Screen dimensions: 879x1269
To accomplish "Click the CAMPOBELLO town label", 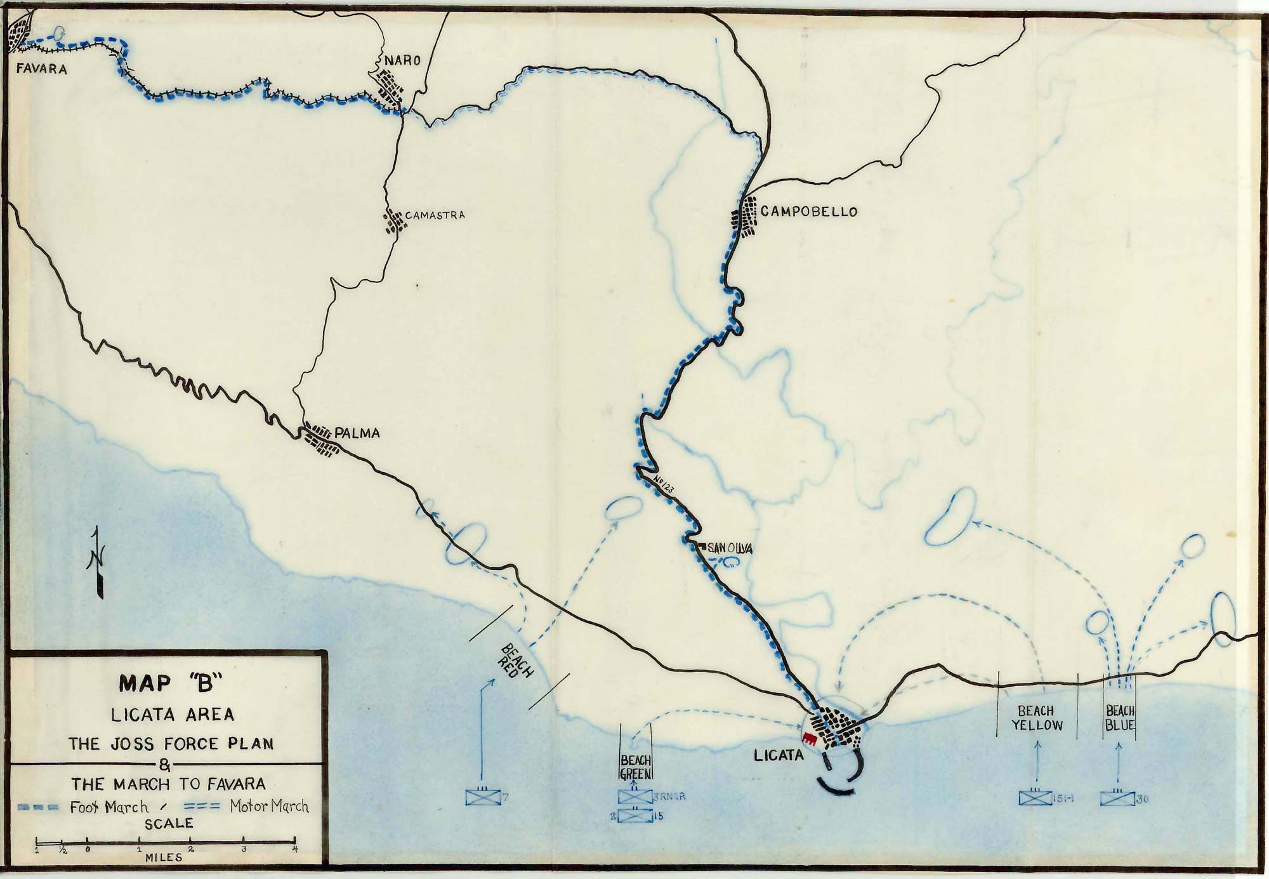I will pyautogui.click(x=808, y=211).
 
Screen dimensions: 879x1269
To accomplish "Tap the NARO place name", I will pyautogui.click(x=402, y=60).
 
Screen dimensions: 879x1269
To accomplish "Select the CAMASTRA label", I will pyautogui.click(x=435, y=215).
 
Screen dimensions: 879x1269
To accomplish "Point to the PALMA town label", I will pyautogui.click(x=357, y=433).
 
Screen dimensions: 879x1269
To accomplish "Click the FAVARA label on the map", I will pyautogui.click(x=42, y=69).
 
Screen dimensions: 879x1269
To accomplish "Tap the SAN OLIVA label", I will pyautogui.click(x=730, y=548).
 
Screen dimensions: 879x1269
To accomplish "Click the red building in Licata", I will pyautogui.click(x=809, y=737).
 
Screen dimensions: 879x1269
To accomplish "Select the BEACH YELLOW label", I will pyautogui.click(x=1037, y=718).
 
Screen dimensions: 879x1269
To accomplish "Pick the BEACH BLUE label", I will pyautogui.click(x=1120, y=718).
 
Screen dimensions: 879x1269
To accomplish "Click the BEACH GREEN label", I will pyautogui.click(x=636, y=767).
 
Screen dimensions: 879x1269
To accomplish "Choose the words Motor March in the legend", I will pyautogui.click(x=269, y=807).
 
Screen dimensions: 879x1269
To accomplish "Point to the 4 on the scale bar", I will pyautogui.click(x=294, y=849).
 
